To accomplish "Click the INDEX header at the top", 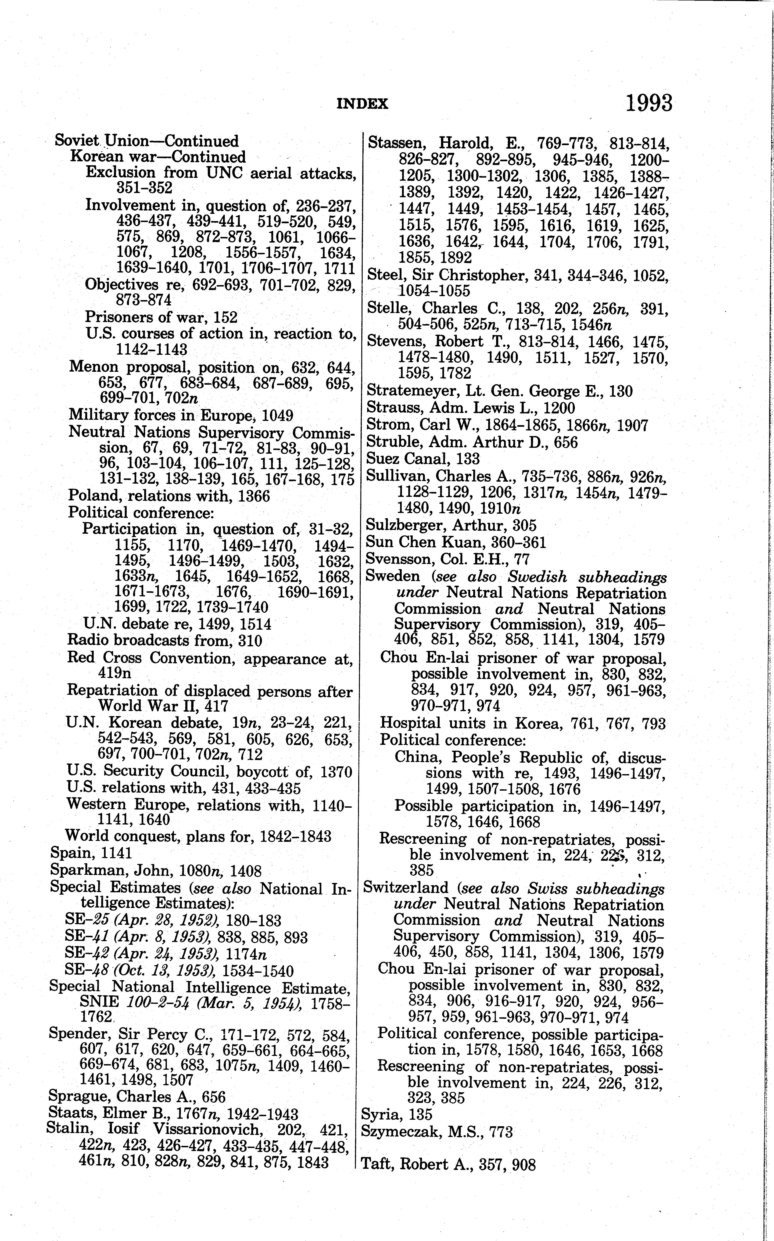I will pyautogui.click(x=362, y=104).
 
